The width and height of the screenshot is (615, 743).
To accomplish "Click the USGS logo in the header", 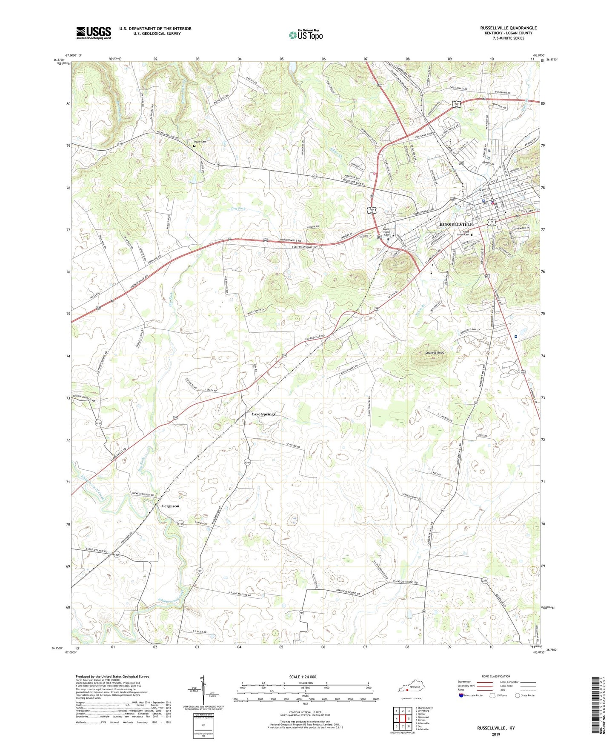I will pos(94,33).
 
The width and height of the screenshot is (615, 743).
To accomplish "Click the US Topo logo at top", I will pos(306,35).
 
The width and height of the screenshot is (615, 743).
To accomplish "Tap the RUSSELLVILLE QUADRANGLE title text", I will pos(508,28).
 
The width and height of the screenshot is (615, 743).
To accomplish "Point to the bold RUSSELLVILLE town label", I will pos(456,224).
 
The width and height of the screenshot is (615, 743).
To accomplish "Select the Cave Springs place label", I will pos(263,414).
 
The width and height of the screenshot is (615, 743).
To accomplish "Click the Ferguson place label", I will pos(170,506).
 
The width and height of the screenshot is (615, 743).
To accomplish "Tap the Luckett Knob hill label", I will pos(435,353).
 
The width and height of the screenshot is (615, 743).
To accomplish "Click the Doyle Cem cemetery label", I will pos(200,142).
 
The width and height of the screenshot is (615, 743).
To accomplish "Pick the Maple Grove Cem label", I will pos(463,233).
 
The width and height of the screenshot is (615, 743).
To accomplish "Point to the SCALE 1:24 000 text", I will pos(303,677).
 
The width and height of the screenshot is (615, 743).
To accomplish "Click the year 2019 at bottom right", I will pos(496,734).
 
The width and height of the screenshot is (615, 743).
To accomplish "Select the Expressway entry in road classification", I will pos(465,682).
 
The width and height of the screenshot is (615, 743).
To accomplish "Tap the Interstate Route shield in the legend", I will pos(461,696).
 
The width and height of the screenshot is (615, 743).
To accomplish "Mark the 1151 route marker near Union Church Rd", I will pos(99,423).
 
